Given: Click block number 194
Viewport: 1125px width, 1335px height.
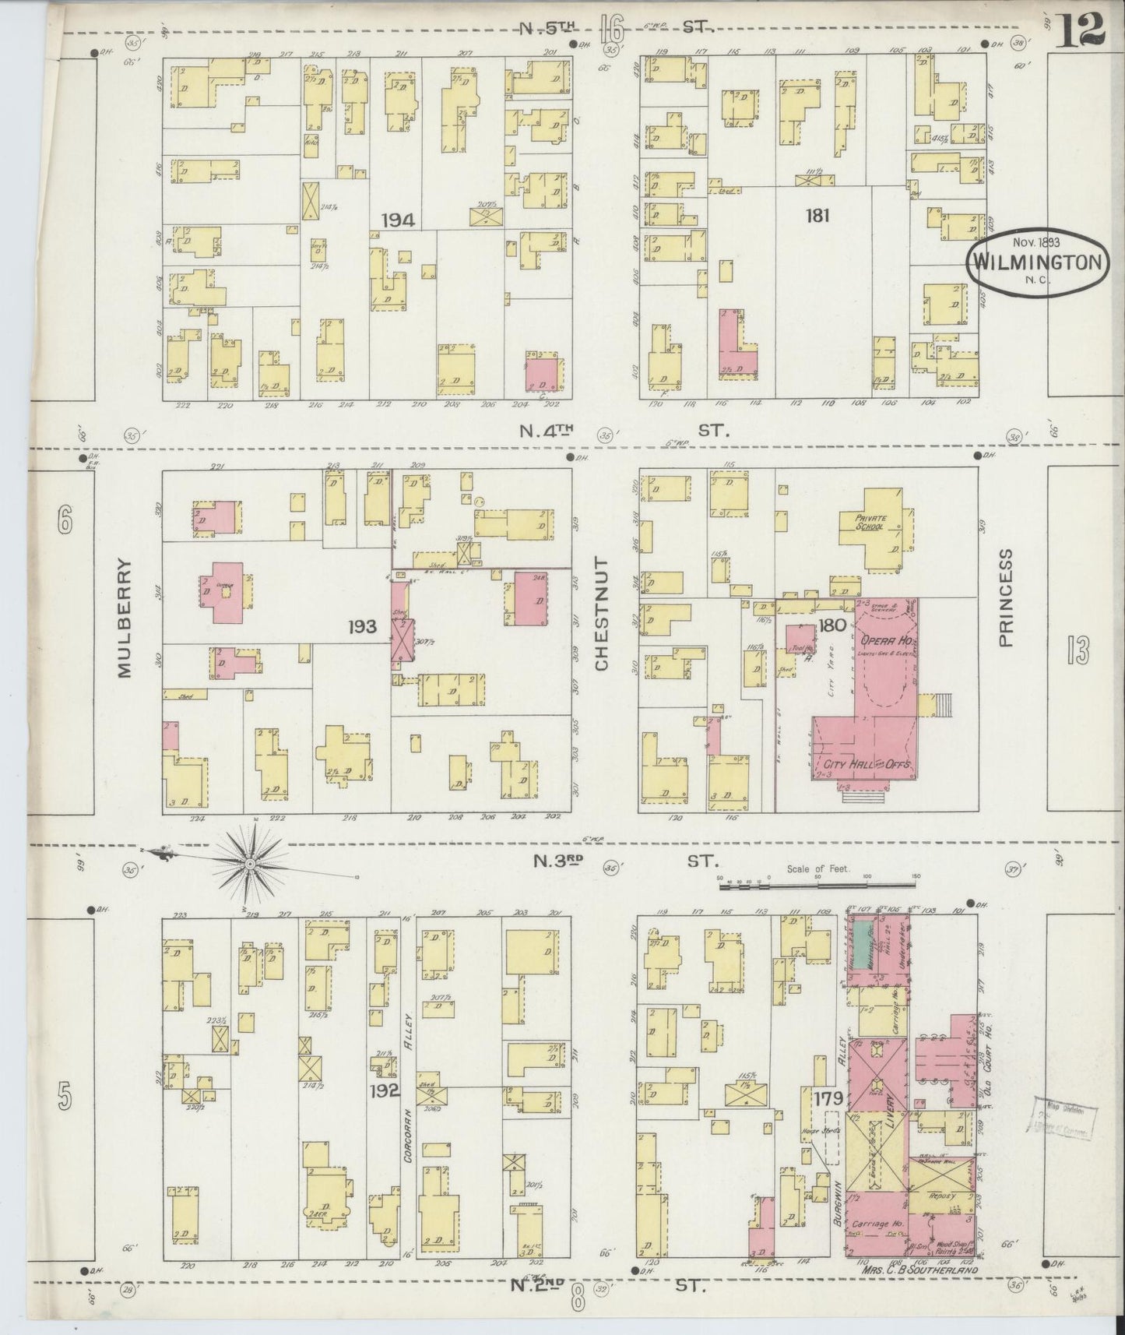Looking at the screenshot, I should [398, 221].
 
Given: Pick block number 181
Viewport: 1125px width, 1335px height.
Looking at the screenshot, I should [817, 216].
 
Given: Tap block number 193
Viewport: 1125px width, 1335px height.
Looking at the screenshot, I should [364, 626].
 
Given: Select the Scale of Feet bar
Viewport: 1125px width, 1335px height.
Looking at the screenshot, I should [817, 884].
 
